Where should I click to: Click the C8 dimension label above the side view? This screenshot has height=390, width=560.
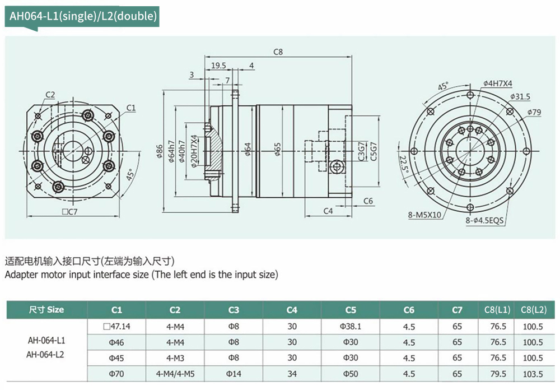coord(278,52)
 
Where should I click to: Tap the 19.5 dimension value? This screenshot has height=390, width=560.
coord(219,66)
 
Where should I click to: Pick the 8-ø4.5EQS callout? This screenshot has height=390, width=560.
coord(485,221)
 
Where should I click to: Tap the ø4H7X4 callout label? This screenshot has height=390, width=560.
coord(497,83)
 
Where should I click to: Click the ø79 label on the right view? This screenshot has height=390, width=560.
coord(534,112)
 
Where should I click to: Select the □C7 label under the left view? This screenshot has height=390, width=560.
coord(69,211)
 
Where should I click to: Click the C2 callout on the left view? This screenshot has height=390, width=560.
coord(50,95)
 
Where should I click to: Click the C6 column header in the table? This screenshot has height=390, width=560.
coord(409,309)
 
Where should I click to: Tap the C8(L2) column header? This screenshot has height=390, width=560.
coord(533,309)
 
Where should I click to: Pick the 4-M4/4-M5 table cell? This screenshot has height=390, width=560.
coord(175,373)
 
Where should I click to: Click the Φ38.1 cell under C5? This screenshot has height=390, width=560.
coord(351,326)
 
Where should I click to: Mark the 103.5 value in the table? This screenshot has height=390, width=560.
coord(533,373)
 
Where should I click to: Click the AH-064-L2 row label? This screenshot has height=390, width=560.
coord(46,354)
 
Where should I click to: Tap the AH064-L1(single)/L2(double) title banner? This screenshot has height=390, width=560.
coord(82,16)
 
